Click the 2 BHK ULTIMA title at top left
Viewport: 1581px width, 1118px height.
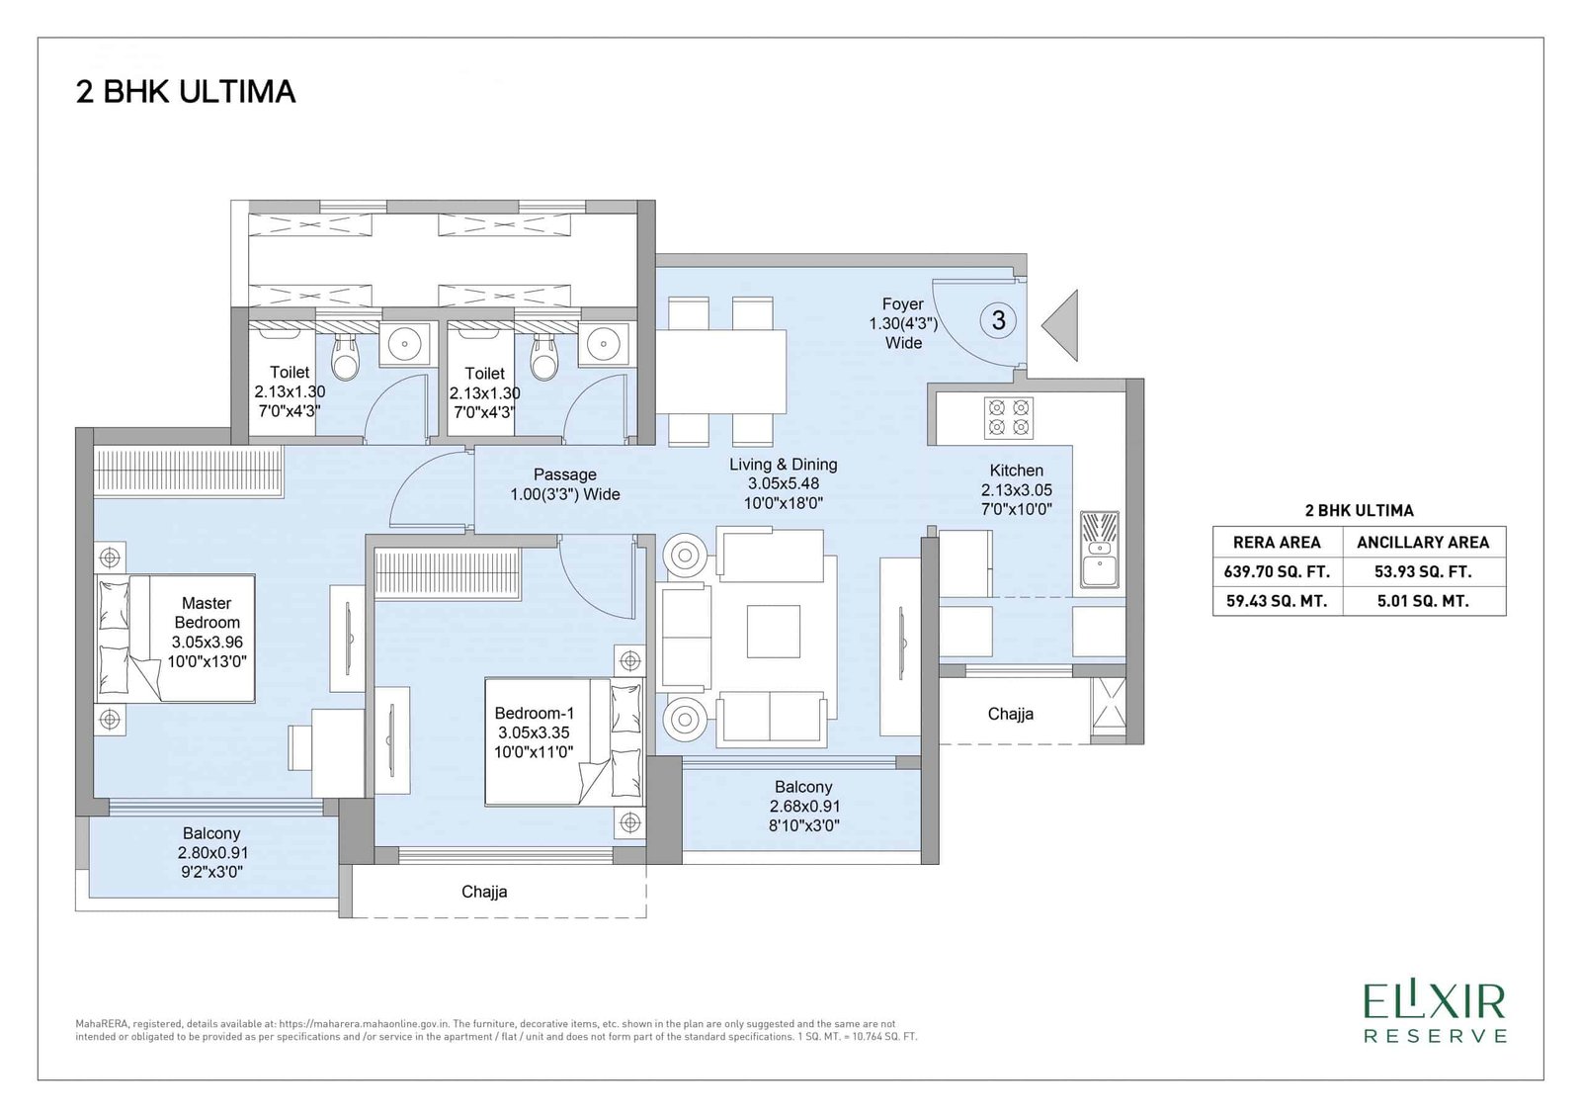point(186,92)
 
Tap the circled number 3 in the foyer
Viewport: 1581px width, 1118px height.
point(998,320)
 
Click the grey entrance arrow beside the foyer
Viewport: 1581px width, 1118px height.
point(1060,325)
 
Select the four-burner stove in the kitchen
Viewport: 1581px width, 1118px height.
point(1009,417)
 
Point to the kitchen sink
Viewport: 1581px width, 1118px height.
point(1100,551)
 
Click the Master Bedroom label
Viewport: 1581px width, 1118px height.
point(207,612)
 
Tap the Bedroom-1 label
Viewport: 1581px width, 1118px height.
point(534,714)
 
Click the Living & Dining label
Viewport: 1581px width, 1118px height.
point(784,465)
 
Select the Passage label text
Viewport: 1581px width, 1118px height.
point(564,474)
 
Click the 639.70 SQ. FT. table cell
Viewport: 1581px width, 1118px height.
point(1277,571)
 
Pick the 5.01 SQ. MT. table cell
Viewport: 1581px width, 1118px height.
point(1423,601)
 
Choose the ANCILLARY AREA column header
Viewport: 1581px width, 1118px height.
point(1423,543)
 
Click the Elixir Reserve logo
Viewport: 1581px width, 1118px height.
point(1436,1013)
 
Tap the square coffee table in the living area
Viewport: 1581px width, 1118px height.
point(774,631)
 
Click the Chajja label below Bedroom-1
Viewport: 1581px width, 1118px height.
point(484,892)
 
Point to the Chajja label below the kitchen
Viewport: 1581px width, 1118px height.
point(1011,714)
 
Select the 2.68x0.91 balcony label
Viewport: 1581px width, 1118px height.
point(803,806)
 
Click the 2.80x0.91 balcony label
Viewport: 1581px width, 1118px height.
point(211,852)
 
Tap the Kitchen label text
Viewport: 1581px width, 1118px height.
point(1017,471)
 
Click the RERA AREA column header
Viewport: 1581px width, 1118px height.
point(1277,543)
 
